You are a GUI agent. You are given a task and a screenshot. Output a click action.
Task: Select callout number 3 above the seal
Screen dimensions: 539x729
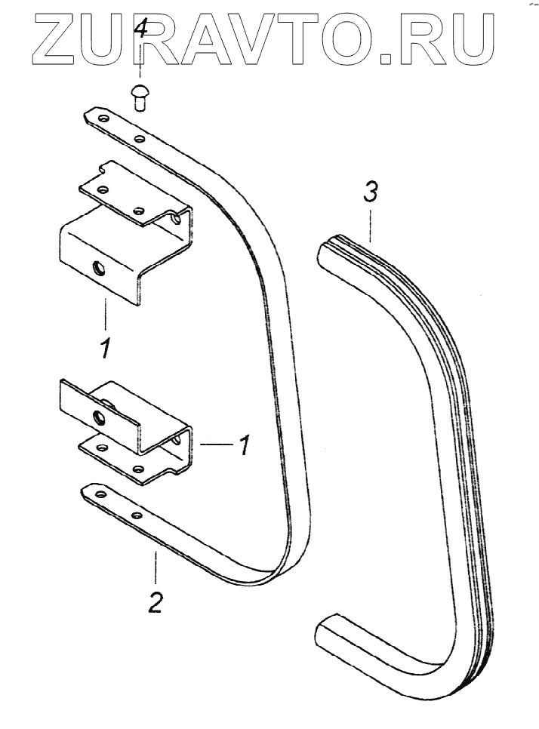coord(369,194)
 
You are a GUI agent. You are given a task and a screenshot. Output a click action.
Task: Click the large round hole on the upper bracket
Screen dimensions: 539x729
coord(97,267)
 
